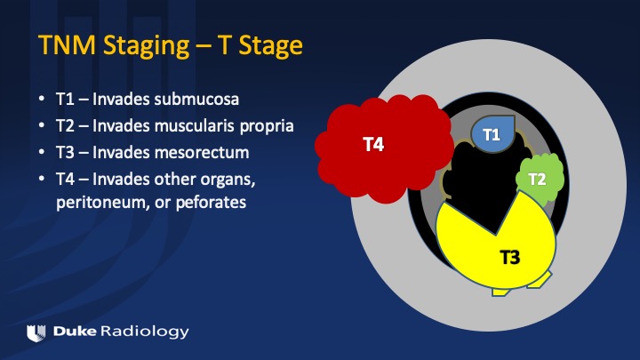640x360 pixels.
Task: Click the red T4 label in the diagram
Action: point(373,144)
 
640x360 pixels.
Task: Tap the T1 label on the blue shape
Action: point(492,134)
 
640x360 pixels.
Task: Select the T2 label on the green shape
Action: point(537,179)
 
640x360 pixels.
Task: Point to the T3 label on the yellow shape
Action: point(510,257)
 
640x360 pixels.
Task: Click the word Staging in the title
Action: point(146,45)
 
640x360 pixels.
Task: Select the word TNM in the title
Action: point(68,45)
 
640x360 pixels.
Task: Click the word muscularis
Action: point(195,125)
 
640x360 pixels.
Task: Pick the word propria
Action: point(267,126)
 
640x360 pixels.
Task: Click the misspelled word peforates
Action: point(211,203)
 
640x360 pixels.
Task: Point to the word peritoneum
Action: point(100,203)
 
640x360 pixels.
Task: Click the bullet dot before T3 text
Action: point(42,152)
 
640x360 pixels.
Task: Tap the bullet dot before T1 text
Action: point(42,100)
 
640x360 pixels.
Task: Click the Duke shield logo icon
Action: point(36,333)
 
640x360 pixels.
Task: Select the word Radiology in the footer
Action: point(145,332)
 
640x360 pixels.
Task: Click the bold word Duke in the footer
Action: point(75,331)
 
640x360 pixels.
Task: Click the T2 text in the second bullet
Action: point(65,125)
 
